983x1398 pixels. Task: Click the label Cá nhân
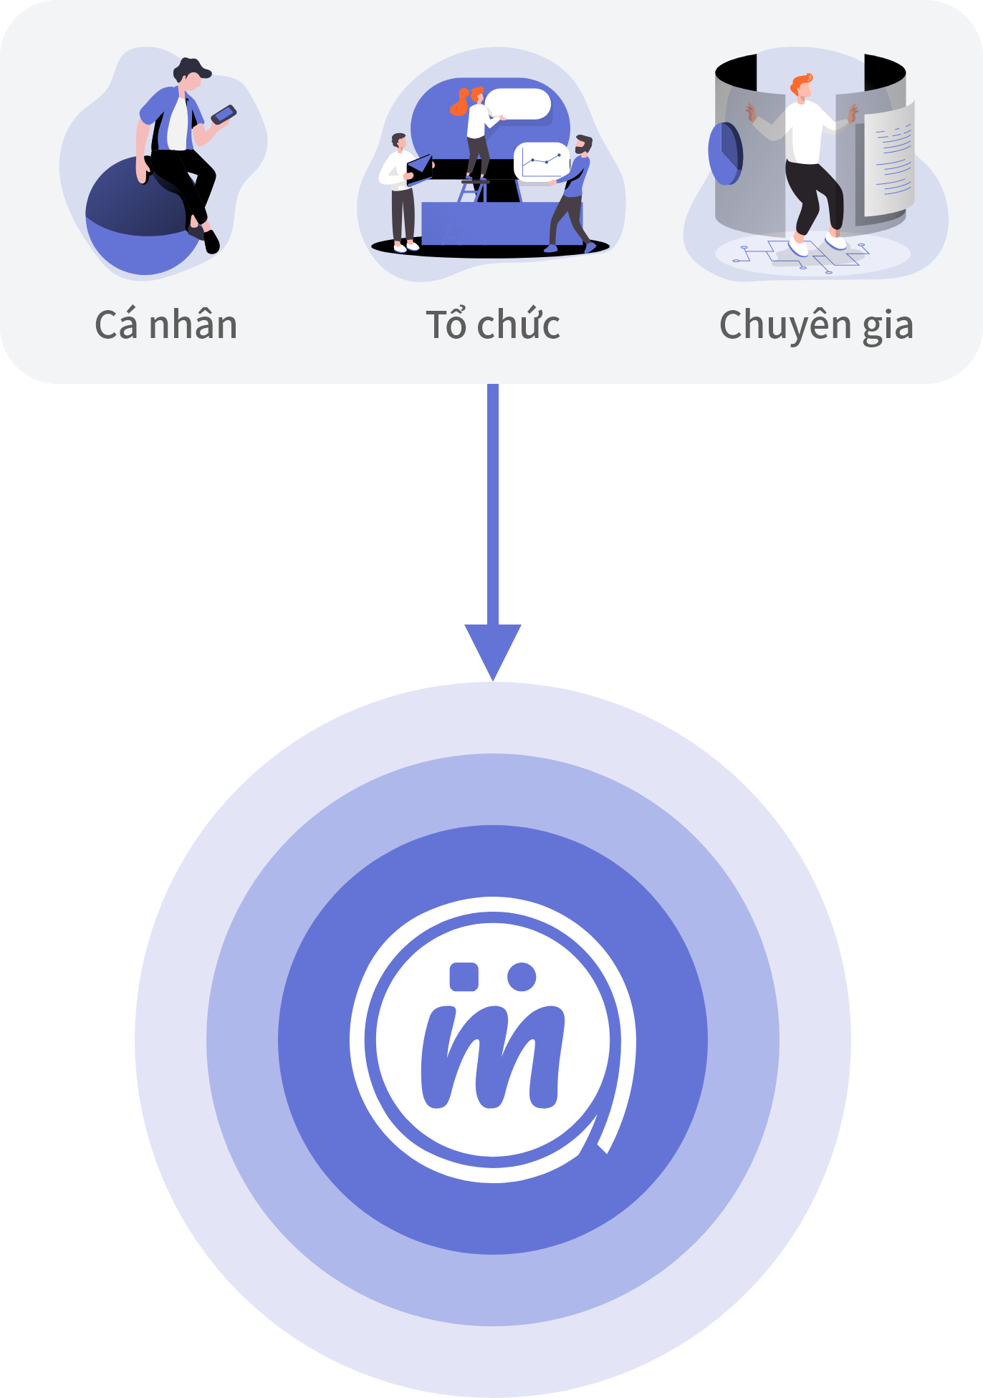pyautogui.click(x=166, y=324)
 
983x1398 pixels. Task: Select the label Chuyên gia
pyautogui.click(x=816, y=326)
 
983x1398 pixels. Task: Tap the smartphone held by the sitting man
pyautogui.click(x=224, y=115)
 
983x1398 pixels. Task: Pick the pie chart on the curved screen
pyautogui.click(x=724, y=153)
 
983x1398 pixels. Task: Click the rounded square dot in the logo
pyautogui.click(x=464, y=977)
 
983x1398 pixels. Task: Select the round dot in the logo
pyautogui.click(x=522, y=977)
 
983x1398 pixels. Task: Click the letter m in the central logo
pyautogui.click(x=492, y=1056)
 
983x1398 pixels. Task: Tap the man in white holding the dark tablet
pyautogui.click(x=401, y=192)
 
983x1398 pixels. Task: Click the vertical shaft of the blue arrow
pyautogui.click(x=493, y=504)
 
